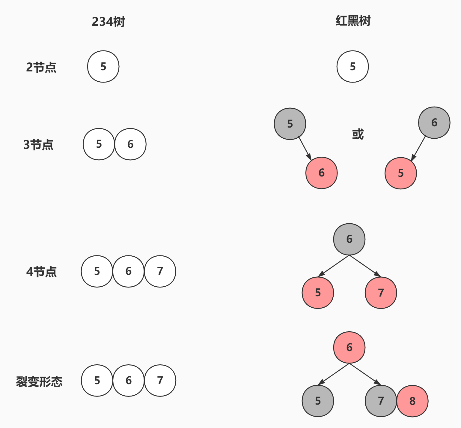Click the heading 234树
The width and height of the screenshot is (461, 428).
108,22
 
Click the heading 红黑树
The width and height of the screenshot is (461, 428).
353,21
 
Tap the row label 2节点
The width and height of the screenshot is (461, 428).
41,67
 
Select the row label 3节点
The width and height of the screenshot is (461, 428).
38,145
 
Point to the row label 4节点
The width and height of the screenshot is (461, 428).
41,272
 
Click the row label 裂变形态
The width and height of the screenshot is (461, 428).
39,381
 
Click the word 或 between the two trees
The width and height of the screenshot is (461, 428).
358,134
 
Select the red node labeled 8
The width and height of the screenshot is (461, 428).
412,401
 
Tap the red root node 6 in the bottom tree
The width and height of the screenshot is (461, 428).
349,347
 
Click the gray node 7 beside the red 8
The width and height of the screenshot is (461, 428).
381,401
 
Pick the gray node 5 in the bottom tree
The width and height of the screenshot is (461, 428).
318,401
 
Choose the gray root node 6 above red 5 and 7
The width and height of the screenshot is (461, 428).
349,239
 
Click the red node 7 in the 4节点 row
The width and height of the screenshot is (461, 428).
381,293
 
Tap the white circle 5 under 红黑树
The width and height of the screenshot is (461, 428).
352,66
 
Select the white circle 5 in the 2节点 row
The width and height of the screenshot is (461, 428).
103,66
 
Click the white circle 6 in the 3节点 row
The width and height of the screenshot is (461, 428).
130,144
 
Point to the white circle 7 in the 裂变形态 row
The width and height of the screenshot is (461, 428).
160,381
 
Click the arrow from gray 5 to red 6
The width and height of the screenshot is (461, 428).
305,149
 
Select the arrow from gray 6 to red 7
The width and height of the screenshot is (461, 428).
365,266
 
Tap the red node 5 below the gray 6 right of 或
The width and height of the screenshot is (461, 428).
400,173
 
